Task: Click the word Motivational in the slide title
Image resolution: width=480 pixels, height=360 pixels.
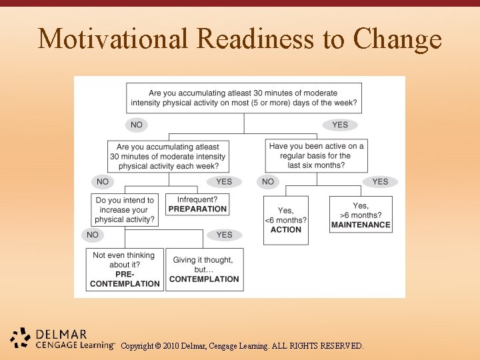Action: coord(114,39)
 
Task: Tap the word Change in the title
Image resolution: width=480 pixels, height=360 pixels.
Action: coord(398,39)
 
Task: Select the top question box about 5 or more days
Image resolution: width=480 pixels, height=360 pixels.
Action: coord(243,98)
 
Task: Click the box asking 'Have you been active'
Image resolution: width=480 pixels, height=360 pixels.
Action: coord(317,155)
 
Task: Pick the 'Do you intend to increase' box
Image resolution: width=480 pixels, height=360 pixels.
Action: coord(125,209)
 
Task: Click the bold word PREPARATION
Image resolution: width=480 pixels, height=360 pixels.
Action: coord(197,209)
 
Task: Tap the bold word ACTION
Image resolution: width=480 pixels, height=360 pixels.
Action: coord(286,229)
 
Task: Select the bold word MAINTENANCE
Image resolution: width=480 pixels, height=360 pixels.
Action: coord(361,225)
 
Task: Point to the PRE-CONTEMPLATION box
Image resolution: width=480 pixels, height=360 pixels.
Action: coord(125,269)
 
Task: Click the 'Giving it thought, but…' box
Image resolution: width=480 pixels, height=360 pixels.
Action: coord(203,269)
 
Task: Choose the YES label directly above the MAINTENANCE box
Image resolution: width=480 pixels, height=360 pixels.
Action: coord(380,181)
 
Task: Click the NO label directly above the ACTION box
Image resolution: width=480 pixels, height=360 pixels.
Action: coord(268,181)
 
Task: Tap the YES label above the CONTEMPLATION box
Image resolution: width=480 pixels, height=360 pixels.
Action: coord(224,235)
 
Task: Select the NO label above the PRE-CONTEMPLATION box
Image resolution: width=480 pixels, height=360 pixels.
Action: coord(93,235)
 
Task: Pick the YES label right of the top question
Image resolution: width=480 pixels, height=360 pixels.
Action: coord(340,125)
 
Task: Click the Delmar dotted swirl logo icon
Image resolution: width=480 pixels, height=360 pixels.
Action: coord(20,338)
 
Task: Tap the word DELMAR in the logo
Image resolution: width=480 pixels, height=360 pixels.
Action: coord(61,334)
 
